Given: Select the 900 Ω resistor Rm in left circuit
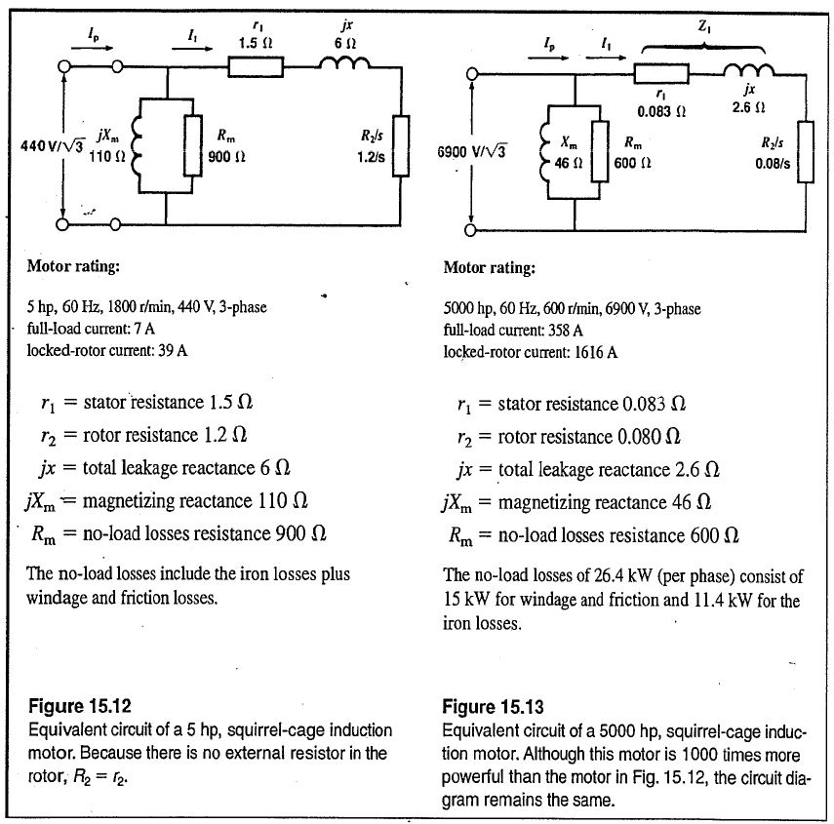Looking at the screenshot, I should tap(193, 145).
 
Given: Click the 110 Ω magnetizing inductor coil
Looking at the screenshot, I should tap(136, 145).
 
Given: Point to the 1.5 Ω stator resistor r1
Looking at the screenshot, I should tap(256, 66).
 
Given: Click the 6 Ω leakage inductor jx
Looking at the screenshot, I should tap(345, 65).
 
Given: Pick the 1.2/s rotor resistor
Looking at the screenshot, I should tap(400, 145).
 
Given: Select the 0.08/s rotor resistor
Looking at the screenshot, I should tap(805, 151).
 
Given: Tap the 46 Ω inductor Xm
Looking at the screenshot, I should tap(542, 152).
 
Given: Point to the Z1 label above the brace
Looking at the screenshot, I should tap(704, 30).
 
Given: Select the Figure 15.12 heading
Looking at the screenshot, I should tap(79, 706).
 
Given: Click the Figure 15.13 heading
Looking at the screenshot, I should tap(493, 706).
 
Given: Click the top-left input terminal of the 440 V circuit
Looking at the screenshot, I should tap(67, 66).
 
